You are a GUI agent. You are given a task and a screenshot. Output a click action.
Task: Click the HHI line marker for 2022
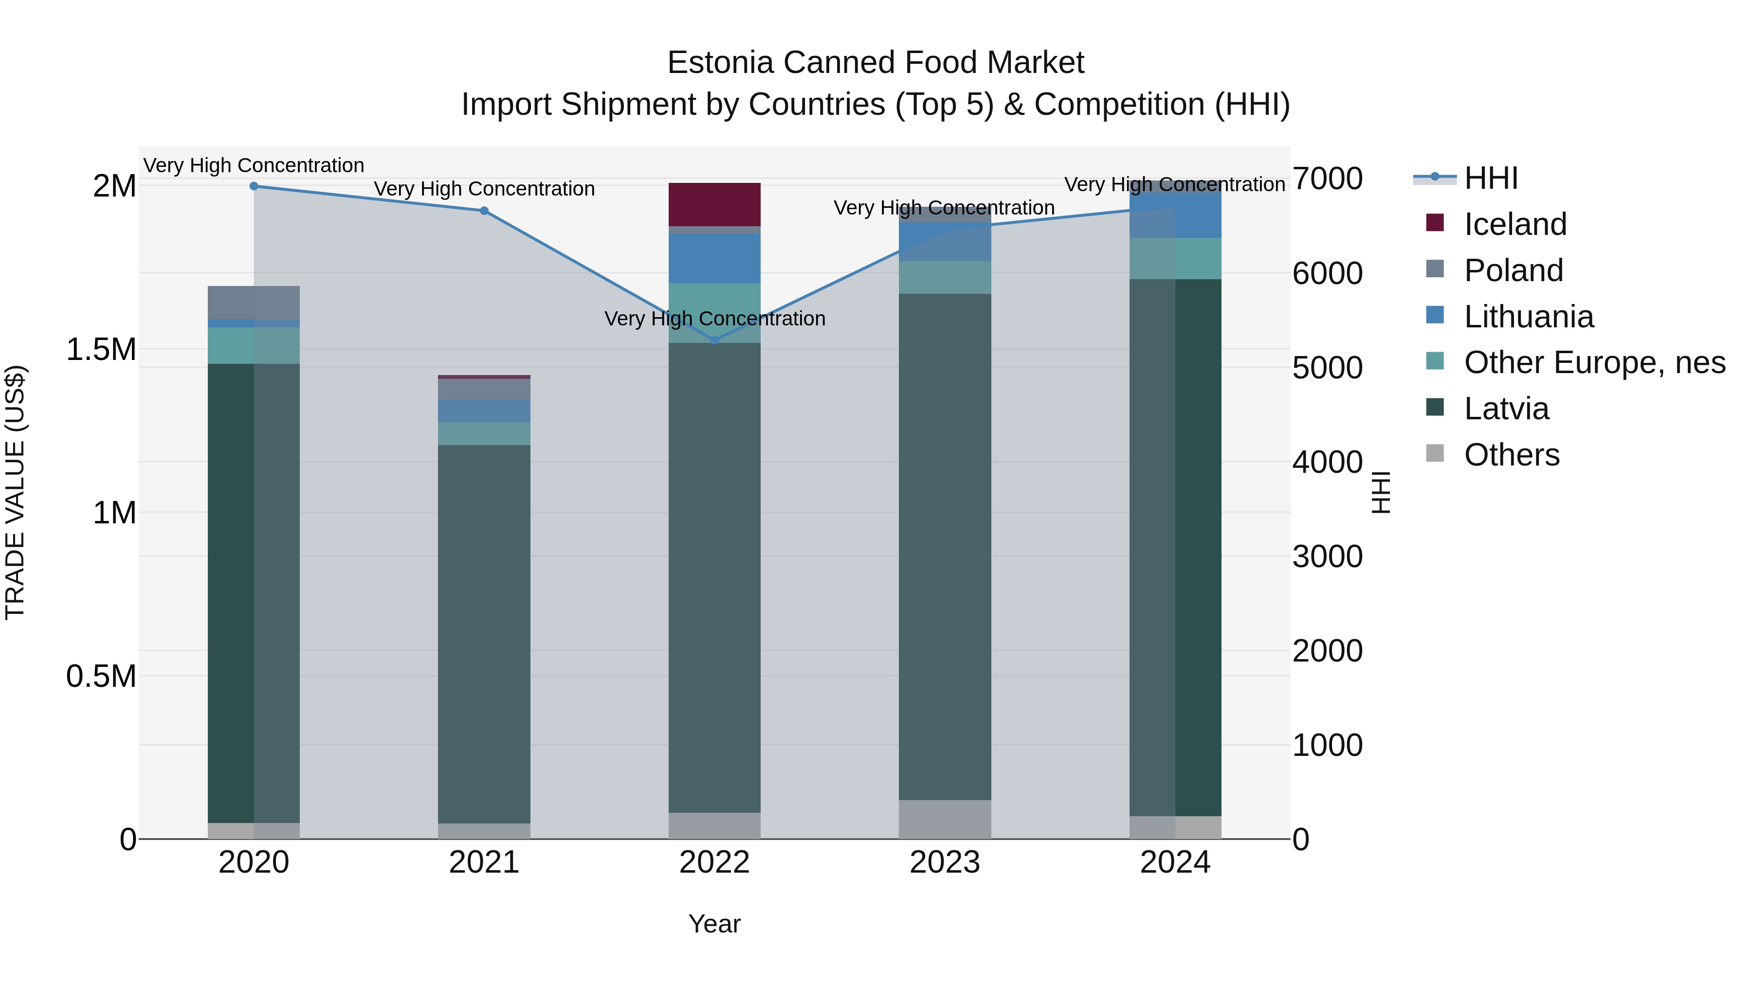[714, 340]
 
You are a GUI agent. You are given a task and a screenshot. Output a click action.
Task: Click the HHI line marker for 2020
[254, 186]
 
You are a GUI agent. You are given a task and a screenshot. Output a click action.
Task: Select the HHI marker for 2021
[484, 211]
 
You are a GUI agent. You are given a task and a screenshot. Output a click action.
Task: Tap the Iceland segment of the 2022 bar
[714, 204]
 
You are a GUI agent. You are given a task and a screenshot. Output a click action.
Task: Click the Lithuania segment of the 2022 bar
[714, 258]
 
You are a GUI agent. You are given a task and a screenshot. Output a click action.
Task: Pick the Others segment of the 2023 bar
[945, 819]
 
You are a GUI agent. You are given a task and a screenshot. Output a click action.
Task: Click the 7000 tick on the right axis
[1327, 179]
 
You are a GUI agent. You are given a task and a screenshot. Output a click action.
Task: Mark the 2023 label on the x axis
[945, 862]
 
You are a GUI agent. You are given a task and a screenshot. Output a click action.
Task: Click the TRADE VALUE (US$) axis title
[15, 492]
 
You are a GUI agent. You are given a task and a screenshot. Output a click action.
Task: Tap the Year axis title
[714, 924]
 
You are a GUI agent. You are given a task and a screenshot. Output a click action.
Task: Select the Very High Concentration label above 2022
[714, 318]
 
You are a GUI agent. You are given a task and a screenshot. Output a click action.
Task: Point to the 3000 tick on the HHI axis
[1327, 557]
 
